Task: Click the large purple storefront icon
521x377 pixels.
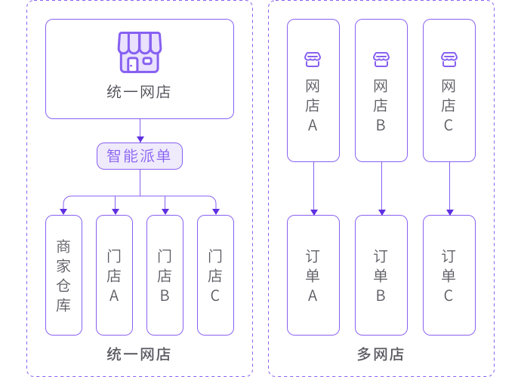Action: pyautogui.click(x=139, y=52)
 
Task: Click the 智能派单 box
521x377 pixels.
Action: pyautogui.click(x=140, y=156)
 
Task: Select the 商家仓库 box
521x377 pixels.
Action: pyautogui.click(x=63, y=275)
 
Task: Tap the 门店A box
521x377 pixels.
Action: pyautogui.click(x=114, y=275)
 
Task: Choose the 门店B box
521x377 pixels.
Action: pyautogui.click(x=165, y=275)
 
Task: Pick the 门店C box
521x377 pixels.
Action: pyautogui.click(x=215, y=275)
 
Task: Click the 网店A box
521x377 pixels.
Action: pyautogui.click(x=313, y=90)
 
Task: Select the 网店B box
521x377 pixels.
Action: pyautogui.click(x=381, y=90)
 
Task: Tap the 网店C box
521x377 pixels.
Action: pyautogui.click(x=449, y=90)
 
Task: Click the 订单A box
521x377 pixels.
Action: pyautogui.click(x=313, y=275)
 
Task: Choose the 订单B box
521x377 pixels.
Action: pyautogui.click(x=381, y=275)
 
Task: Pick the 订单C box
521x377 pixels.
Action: pyautogui.click(x=449, y=275)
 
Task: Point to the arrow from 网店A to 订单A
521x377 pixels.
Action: pyautogui.click(x=313, y=188)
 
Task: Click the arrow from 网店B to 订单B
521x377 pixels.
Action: pyautogui.click(x=381, y=188)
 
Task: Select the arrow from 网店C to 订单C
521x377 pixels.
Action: pyautogui.click(x=449, y=188)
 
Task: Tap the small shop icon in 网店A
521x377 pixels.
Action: pyautogui.click(x=313, y=58)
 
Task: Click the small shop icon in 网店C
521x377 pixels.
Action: pyautogui.click(x=449, y=58)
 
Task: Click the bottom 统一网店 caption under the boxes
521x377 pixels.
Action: pyautogui.click(x=139, y=354)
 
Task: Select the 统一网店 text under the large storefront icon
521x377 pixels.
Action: pyautogui.click(x=139, y=93)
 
